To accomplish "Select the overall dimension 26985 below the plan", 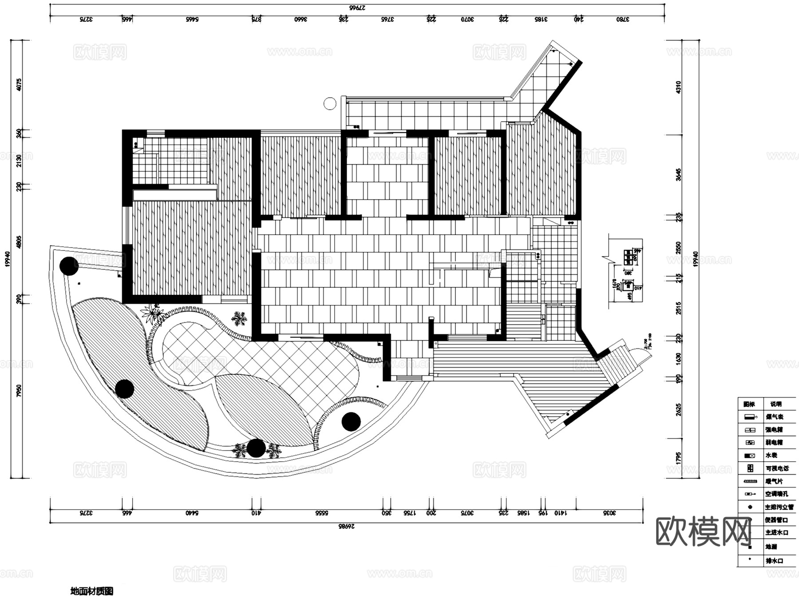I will pos(347,527).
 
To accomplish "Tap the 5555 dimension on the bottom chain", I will pos(322,513).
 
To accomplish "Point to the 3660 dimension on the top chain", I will pos(301,19).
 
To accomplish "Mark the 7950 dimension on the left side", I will pos(19,391).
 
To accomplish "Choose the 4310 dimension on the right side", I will pos(678,87).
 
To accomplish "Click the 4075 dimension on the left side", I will pos(19,84).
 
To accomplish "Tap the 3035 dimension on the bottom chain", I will pos(610,513).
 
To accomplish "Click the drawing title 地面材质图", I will pos(92,591).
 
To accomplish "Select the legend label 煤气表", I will pos(775,417).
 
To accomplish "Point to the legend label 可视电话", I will pos(777,468).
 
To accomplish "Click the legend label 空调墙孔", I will pos(777,494).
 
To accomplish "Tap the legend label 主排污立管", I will pos(779,507).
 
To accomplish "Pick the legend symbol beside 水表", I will pos(750,455).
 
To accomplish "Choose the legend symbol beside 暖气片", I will pos(750,481).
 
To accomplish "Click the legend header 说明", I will pos(776,404).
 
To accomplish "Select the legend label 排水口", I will pos(775,561).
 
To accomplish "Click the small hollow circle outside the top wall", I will pos(330,104).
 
